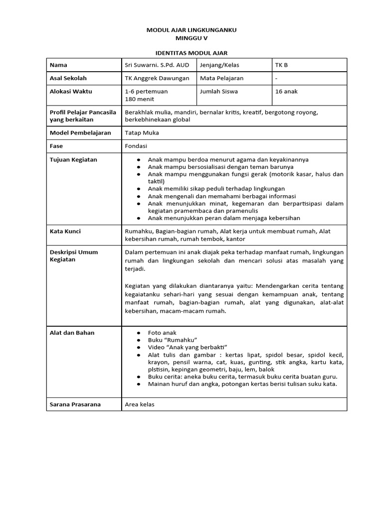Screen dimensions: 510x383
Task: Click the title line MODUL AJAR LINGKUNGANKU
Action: tap(191, 30)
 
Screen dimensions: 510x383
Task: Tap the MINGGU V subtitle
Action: tap(191, 37)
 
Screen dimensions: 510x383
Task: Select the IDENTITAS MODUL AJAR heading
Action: tap(191, 52)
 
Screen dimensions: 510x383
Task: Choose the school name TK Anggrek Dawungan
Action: tap(157, 78)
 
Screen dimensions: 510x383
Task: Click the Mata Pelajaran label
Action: tap(221, 78)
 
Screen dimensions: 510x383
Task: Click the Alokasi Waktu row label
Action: tap(71, 91)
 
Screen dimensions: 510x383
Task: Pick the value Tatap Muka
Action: tap(142, 133)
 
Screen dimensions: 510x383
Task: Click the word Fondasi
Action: tap(137, 146)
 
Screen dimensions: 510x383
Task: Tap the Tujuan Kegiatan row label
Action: tap(73, 159)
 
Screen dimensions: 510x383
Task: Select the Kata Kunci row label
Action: tap(65, 231)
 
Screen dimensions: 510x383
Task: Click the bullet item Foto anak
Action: tap(162, 333)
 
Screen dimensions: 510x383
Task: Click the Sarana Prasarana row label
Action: tap(75, 404)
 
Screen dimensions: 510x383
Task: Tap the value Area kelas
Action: tap(140, 404)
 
